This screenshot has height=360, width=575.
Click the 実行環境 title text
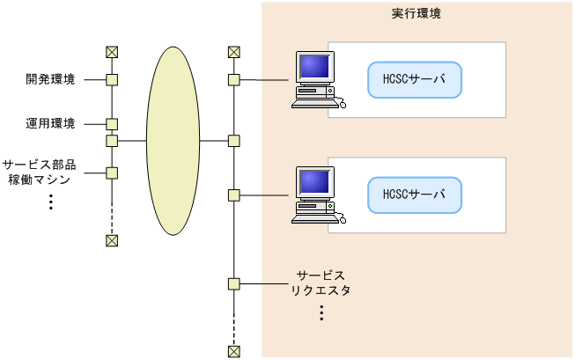[416, 15]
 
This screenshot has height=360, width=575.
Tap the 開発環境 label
[50, 80]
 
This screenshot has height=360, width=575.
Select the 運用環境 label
[50, 124]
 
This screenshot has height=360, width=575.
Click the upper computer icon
[315, 80]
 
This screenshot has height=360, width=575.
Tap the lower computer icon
[315, 194]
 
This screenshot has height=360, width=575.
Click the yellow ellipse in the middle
[172, 140]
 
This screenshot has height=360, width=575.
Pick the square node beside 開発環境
[112, 80]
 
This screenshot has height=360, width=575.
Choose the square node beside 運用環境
[112, 124]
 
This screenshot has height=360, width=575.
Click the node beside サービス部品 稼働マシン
[112, 173]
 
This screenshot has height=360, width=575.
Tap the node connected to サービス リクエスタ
[233, 283]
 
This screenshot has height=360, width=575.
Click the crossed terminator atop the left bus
[112, 52]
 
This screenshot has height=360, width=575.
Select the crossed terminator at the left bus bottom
[112, 240]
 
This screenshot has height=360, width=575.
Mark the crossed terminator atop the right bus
[233, 52]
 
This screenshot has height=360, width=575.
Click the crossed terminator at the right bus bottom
[233, 351]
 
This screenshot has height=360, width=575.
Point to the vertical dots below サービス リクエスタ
[321, 312]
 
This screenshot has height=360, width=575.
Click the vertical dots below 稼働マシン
[51, 202]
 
